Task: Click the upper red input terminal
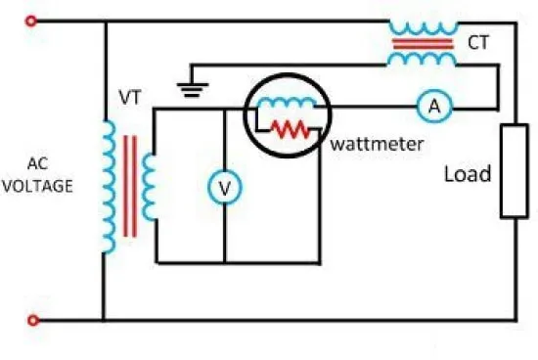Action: (31, 22)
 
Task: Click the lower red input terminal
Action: (32, 320)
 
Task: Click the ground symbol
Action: (193, 90)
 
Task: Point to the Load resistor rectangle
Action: (515, 171)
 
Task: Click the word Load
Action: (468, 174)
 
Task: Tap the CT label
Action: (478, 43)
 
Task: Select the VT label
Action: (130, 98)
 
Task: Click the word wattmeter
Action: (377, 144)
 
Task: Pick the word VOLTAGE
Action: (37, 186)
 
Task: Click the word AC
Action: (37, 163)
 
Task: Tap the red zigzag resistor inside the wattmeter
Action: (291, 129)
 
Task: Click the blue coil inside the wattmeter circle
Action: (287, 102)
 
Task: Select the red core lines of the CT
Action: (423, 44)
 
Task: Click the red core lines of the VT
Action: (130, 186)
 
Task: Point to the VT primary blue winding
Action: (110, 186)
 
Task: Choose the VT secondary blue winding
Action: (149, 187)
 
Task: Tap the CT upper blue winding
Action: (424, 28)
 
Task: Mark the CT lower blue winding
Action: (422, 59)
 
